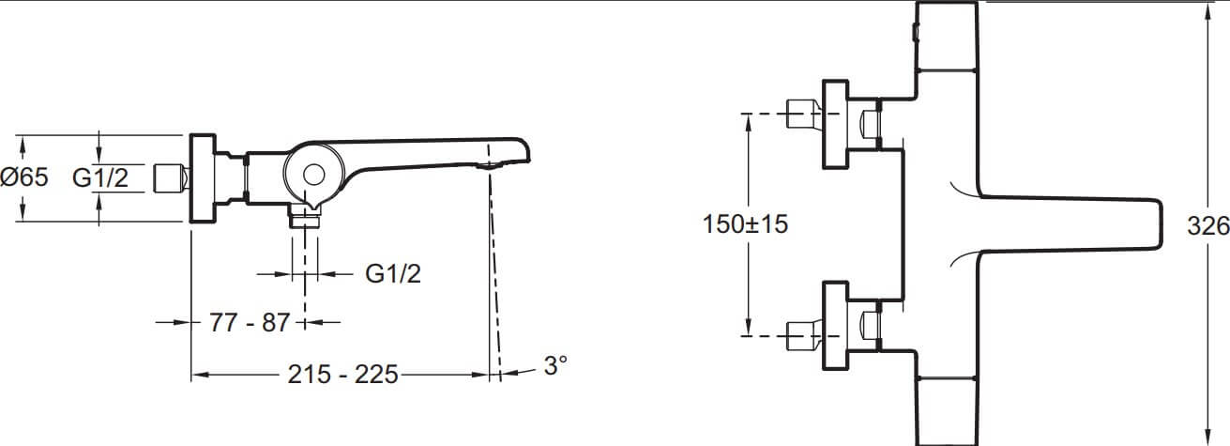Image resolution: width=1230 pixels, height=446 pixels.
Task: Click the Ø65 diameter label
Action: pyautogui.click(x=24, y=177)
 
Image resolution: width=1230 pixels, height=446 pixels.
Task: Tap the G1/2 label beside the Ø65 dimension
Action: pyautogui.click(x=100, y=178)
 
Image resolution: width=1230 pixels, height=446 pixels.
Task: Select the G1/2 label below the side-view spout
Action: pyautogui.click(x=393, y=273)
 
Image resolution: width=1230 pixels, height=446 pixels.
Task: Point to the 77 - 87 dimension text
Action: pyautogui.click(x=250, y=323)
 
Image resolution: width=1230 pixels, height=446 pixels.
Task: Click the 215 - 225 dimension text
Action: pyautogui.click(x=343, y=375)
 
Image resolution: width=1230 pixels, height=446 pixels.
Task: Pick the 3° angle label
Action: pyautogui.click(x=555, y=366)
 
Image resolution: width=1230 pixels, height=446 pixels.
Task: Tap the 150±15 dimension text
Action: pyautogui.click(x=745, y=224)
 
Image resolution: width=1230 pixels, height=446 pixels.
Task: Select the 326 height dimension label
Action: pyautogui.click(x=1208, y=225)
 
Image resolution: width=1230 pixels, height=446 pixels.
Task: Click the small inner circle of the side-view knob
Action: pyautogui.click(x=314, y=175)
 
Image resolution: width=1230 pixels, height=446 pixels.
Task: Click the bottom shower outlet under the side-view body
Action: pyautogui.click(x=304, y=216)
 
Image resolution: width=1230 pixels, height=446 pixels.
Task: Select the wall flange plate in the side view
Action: pyautogui.click(x=203, y=178)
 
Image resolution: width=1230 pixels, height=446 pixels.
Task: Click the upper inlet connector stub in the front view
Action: pyautogui.click(x=804, y=115)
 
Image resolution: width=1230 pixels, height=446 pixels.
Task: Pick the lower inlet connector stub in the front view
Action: pyautogui.click(x=804, y=335)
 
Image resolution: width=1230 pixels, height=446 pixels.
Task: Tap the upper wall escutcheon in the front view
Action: pyautogui.click(x=835, y=124)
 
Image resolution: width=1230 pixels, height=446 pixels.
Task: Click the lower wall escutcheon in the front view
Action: pyautogui.click(x=835, y=326)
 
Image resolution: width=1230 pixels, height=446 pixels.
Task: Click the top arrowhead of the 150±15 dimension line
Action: pyautogui.click(x=748, y=123)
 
